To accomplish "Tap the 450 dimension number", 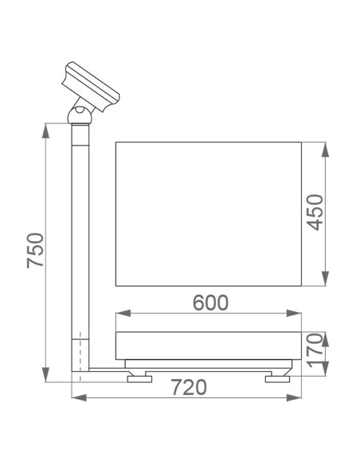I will [x=315, y=213].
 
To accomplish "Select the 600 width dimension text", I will [x=210, y=303].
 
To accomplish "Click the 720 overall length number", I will [x=189, y=388].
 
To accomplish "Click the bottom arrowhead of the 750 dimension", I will [x=49, y=377].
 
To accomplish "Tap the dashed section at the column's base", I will [x=80, y=351].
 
